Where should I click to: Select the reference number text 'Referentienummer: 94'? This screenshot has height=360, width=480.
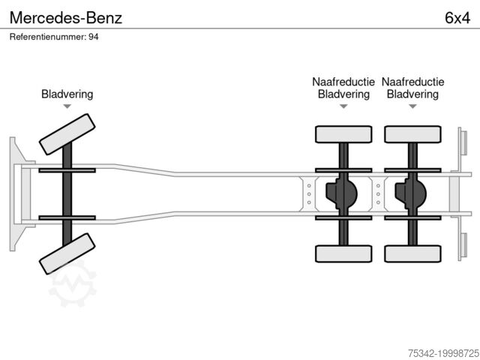(x=54, y=37)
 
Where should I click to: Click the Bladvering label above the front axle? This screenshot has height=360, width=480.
(x=67, y=94)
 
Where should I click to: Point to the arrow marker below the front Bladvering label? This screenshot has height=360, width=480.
(x=67, y=107)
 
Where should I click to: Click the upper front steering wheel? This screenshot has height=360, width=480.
(x=67, y=133)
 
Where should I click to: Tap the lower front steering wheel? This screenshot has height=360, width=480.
(x=67, y=253)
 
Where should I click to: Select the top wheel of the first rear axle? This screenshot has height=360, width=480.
(x=343, y=134)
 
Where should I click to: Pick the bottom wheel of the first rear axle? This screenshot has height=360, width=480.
(x=343, y=253)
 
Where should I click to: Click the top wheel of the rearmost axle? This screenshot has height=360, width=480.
(x=412, y=134)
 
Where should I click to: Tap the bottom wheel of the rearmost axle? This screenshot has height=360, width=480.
(x=412, y=253)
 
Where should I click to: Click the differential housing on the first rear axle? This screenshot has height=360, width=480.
(x=341, y=193)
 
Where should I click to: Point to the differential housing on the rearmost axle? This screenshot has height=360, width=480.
(x=410, y=193)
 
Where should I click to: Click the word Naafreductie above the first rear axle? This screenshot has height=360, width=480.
(x=343, y=82)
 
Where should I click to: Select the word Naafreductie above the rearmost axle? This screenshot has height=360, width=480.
(x=412, y=82)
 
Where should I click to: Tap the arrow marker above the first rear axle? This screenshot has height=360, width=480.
(x=343, y=107)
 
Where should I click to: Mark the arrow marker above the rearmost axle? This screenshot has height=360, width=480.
(x=412, y=107)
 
